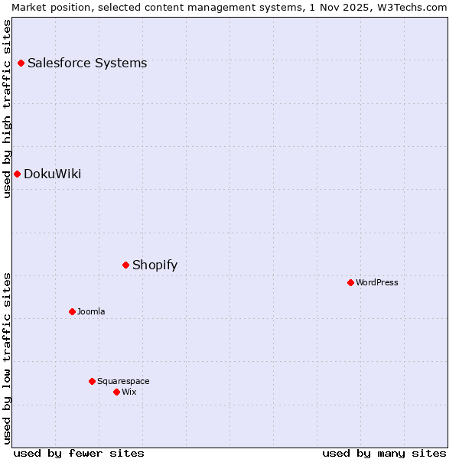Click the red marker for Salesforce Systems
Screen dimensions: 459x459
click(21, 63)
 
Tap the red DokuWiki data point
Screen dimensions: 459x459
click(17, 174)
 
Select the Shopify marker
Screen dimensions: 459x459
click(125, 265)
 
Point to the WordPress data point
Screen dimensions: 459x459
click(350, 282)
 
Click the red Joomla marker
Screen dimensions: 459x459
click(72, 311)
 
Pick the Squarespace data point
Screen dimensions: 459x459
click(92, 381)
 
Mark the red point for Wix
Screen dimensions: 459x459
click(116, 392)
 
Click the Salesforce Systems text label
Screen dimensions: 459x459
click(87, 63)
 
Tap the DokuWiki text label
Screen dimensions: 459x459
click(52, 174)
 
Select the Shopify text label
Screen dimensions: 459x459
click(155, 265)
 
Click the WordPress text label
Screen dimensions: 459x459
click(377, 282)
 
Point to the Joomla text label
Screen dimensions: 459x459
click(91, 311)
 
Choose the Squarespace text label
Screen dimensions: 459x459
click(123, 381)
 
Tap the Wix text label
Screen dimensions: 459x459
click(129, 392)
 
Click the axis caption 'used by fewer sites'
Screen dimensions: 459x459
click(79, 453)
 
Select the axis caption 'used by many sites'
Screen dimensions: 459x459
click(384, 453)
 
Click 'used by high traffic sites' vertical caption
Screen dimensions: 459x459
click(7, 109)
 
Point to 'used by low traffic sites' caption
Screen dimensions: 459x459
click(7, 358)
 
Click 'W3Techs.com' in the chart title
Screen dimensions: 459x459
click(414, 7)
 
